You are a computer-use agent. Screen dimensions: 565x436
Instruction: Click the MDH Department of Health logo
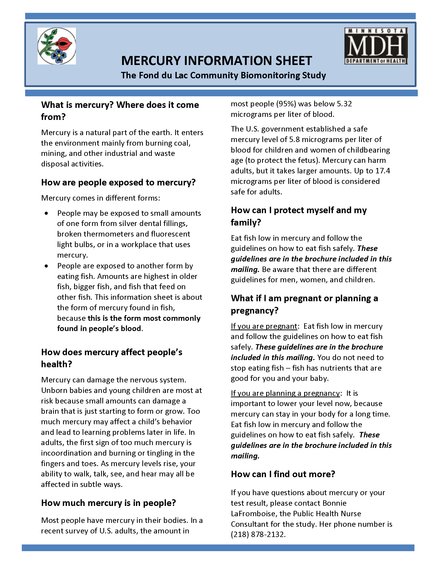pos(376,46)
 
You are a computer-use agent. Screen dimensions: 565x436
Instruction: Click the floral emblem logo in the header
pos(57,46)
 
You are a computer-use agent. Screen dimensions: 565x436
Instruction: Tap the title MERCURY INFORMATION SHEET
pos(216,61)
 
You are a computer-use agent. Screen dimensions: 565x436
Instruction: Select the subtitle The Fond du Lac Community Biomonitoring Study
pos(223,75)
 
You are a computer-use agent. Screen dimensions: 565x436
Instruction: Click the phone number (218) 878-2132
pos(258,534)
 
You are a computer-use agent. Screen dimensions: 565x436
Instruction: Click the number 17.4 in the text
pos(383,171)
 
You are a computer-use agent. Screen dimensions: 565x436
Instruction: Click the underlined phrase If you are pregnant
pos(264,326)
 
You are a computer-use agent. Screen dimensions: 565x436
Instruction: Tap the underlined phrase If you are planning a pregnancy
pos(285,393)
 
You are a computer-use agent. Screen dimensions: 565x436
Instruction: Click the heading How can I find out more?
pos(283,474)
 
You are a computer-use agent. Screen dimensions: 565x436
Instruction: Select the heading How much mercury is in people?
pos(108,503)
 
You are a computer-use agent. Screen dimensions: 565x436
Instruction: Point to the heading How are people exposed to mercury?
pos(118,182)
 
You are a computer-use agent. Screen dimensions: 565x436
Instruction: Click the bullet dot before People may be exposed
pos(46,213)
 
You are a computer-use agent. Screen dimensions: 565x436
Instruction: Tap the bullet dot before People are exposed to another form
pos(46,266)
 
